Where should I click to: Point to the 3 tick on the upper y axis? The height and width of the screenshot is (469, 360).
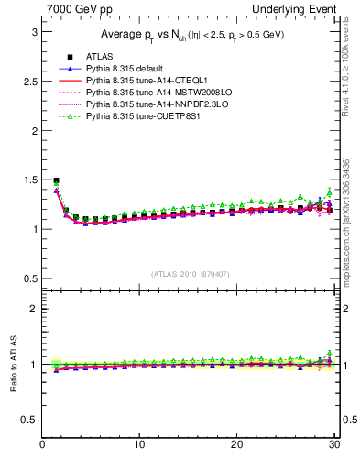pos(33,31)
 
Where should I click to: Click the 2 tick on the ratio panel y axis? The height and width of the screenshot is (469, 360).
pos(33,309)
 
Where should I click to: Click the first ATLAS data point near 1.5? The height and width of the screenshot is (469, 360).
pos(57,180)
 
